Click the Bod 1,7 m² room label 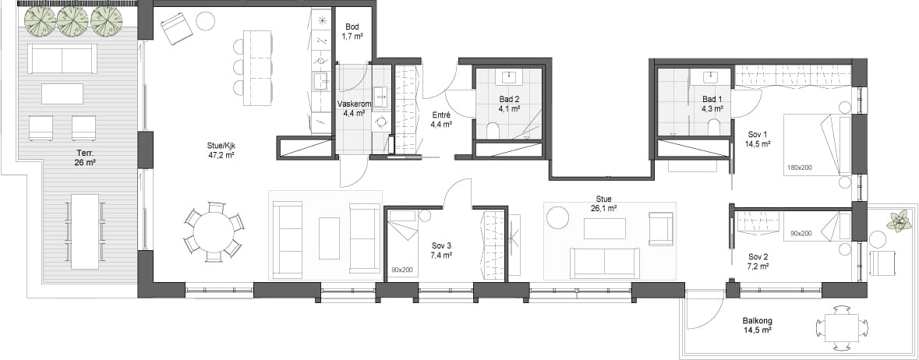[353, 31]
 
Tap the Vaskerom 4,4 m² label [352, 108]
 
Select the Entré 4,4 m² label [442, 119]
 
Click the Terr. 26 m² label [85, 157]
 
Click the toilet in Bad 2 [492, 131]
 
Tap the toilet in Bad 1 [713, 127]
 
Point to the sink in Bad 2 [508, 77]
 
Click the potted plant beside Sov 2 [897, 221]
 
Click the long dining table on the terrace [86, 231]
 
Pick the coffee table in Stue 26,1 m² [604, 229]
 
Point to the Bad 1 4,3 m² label [711, 104]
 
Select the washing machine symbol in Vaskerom [380, 122]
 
